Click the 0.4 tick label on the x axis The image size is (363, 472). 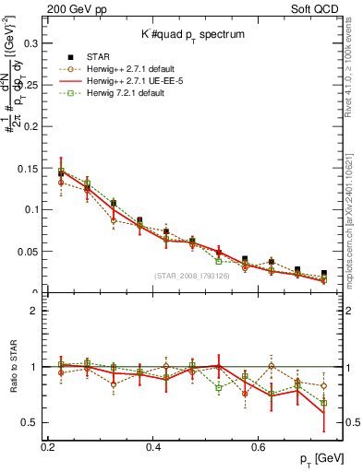[x=153, y=447]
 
